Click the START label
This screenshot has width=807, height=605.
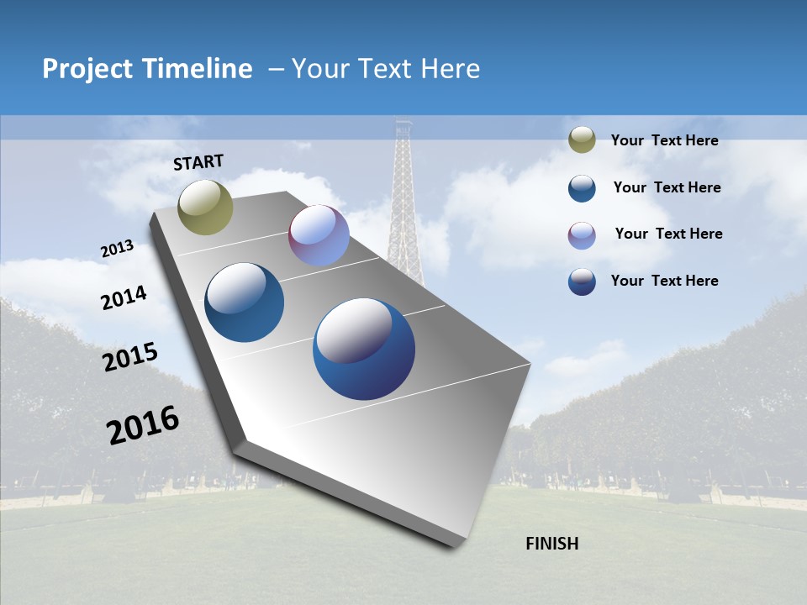click(x=198, y=162)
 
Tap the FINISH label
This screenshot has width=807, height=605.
click(x=551, y=544)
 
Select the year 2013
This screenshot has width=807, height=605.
click(x=117, y=249)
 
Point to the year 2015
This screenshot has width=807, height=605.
click(x=130, y=356)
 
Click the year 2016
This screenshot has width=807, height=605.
click(x=143, y=425)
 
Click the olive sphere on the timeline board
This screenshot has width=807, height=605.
click(x=206, y=208)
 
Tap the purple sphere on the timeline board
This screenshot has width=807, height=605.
click(x=319, y=235)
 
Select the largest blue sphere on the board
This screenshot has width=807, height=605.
click(x=364, y=349)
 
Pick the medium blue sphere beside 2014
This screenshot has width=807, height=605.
click(x=245, y=302)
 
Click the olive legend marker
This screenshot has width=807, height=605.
click(x=582, y=139)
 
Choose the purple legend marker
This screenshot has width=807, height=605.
click(x=582, y=234)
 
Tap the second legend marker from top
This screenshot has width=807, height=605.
click(x=582, y=187)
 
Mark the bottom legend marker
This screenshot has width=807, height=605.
click(x=582, y=281)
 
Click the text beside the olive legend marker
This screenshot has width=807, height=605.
click(x=664, y=140)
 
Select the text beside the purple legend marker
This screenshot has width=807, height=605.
click(x=668, y=234)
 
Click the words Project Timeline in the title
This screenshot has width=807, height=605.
click(x=147, y=69)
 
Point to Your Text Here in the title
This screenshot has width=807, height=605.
click(x=385, y=69)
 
